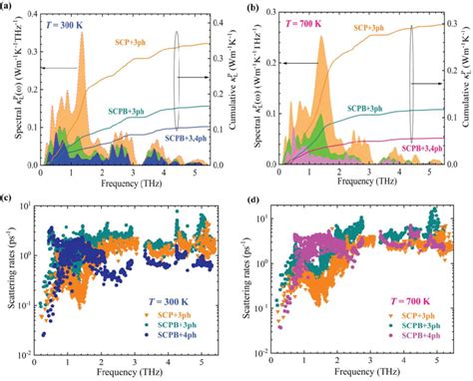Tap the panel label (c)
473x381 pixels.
click(x=7, y=196)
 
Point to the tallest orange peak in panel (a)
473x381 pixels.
click(x=82, y=36)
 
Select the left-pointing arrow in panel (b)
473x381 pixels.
click(x=267, y=63)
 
